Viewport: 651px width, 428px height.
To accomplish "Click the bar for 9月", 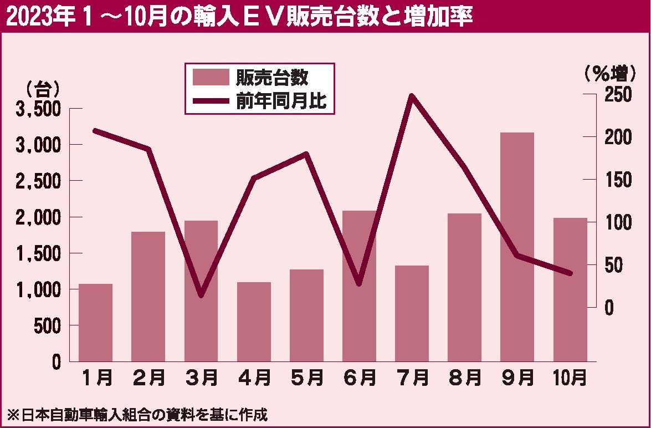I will (x=517, y=247).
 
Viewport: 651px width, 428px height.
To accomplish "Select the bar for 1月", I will (x=95, y=323).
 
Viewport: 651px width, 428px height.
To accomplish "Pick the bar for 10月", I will (x=570, y=289).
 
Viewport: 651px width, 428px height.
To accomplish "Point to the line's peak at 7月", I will (x=412, y=96).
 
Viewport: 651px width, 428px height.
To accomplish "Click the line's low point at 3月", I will (x=201, y=295).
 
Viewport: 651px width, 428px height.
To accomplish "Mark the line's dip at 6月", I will (x=359, y=283).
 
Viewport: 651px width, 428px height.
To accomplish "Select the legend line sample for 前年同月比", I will (x=210, y=100).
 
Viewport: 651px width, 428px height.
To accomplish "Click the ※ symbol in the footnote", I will (x=11, y=414).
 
